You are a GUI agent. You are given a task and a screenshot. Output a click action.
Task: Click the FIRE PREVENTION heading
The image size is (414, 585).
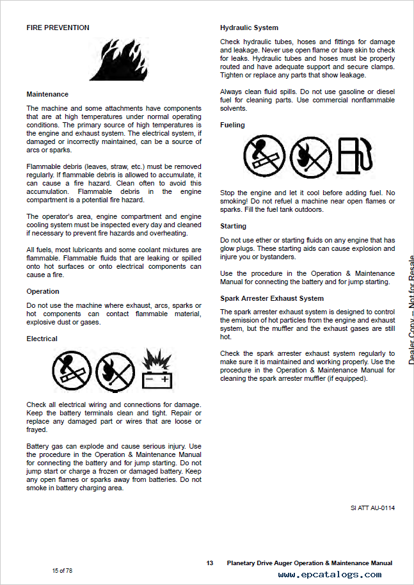58,28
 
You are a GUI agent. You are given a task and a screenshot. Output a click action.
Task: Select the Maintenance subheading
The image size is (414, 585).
47,94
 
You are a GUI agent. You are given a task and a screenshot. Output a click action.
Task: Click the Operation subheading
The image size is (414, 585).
43,291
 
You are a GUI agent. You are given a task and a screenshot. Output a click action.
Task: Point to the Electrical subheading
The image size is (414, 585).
42,339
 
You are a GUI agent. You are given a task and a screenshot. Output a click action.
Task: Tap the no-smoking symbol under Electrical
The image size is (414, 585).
71,372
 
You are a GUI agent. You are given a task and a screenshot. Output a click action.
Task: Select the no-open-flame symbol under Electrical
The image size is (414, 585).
115,372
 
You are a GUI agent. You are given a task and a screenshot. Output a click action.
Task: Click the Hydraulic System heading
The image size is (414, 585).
249,28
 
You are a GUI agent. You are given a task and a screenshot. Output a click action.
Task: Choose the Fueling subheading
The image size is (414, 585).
232,125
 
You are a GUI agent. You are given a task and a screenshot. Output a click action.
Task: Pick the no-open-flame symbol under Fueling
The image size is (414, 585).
310,157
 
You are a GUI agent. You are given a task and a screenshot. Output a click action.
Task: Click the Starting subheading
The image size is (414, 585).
234,226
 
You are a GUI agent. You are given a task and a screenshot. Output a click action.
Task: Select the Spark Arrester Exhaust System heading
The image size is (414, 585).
272,298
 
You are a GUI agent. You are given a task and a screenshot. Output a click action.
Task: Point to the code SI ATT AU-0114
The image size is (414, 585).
372,508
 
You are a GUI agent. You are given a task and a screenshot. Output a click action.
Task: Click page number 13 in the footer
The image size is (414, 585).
210,563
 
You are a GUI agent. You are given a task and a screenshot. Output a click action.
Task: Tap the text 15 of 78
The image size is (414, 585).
62,570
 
